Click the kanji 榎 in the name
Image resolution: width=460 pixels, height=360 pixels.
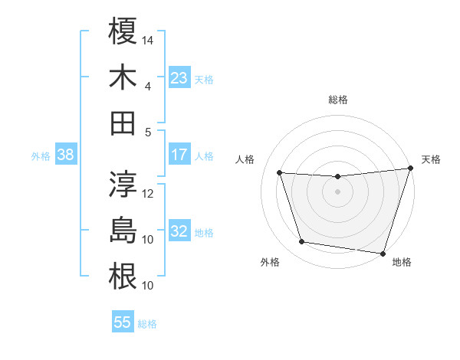123,31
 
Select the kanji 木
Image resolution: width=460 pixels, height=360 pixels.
123,77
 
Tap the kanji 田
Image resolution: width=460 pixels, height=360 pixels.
123,123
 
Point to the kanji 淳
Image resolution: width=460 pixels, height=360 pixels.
123,185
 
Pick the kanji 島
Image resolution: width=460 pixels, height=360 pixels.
123,231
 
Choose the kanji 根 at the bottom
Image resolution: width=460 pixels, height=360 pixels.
123,277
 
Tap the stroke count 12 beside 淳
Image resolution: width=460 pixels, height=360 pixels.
149,194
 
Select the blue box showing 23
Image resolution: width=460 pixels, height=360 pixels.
179,78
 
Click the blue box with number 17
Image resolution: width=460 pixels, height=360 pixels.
179,155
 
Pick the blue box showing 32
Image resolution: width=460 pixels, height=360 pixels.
179,232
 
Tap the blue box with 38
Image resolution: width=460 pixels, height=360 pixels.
66,155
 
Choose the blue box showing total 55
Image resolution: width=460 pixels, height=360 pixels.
123,322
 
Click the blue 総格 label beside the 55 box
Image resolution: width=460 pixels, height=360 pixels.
147,324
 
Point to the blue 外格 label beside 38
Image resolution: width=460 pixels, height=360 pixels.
41,156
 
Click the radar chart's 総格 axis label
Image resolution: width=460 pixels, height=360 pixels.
337,100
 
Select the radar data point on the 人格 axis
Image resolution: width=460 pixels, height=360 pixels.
280,173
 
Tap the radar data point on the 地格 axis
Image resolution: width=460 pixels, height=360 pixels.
383,253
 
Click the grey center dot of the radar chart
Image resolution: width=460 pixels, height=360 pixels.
337,191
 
